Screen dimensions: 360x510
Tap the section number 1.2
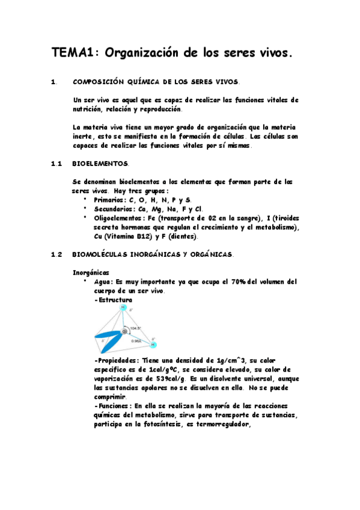pyautogui.click(x=57, y=255)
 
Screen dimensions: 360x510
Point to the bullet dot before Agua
pyautogui.click(x=86, y=281)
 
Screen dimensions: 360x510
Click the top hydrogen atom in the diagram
pyautogui.click(x=123, y=308)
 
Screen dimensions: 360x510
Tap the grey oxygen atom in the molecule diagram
pyautogui.click(x=125, y=331)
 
